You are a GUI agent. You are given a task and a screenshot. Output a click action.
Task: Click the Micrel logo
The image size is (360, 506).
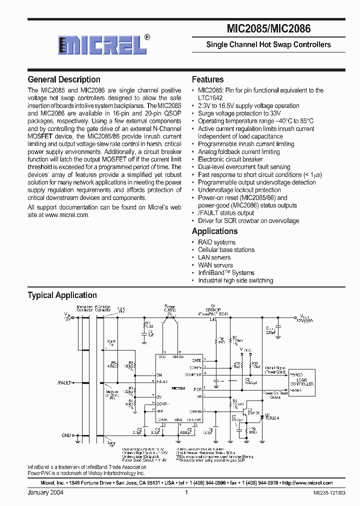pyautogui.click(x=102, y=44)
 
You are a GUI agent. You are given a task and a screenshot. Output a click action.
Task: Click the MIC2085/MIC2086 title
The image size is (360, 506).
pyautogui.click(x=269, y=29)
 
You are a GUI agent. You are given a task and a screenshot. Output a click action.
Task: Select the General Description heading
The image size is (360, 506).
pyautogui.click(x=64, y=79)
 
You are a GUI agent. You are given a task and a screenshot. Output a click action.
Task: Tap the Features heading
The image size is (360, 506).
pyautogui.click(x=207, y=79)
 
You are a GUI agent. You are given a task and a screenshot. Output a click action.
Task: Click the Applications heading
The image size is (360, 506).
pyautogui.click(x=214, y=231)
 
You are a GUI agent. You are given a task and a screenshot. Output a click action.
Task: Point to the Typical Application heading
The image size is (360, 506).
pyautogui.click(x=62, y=295)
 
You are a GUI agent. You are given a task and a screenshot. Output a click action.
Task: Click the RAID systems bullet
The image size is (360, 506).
pyautogui.click(x=216, y=242)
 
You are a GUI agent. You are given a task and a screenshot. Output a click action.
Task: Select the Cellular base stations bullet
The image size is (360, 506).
pyautogui.click(x=226, y=249)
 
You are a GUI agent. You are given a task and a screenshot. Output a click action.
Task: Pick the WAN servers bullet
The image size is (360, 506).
pyautogui.click(x=215, y=265)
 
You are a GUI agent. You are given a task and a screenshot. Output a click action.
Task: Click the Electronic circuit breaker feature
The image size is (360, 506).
pyautogui.click(x=230, y=159)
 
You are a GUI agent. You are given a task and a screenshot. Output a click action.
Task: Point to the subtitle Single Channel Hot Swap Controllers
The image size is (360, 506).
pyautogui.click(x=268, y=44)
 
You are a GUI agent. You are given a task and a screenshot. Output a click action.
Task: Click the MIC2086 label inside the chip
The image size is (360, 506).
pyautogui.click(x=179, y=388)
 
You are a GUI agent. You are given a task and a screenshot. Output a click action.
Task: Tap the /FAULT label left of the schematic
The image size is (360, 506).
pyautogui.click(x=64, y=383)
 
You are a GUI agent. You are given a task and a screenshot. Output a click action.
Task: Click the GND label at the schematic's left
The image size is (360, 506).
pyautogui.click(x=66, y=435)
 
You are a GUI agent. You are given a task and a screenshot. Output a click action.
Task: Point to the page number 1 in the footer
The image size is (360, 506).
pyautogui.click(x=186, y=492)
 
